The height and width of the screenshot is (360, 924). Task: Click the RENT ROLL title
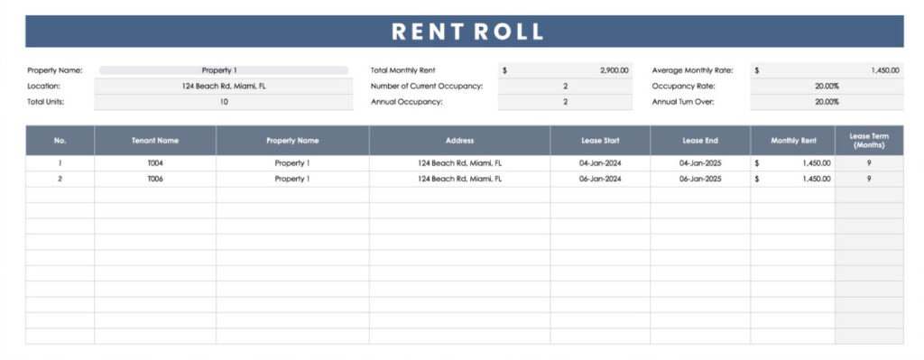[x=467, y=32]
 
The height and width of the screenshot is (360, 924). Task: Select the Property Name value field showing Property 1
[x=223, y=70]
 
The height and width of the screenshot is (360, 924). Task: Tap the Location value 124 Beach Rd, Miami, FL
[x=223, y=87]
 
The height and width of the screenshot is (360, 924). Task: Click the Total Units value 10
[x=223, y=102]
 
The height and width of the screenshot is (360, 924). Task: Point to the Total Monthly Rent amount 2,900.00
[x=614, y=70]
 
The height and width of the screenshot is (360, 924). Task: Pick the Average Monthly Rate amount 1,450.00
[x=884, y=70]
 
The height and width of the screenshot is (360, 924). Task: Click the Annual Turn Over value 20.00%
[x=827, y=102]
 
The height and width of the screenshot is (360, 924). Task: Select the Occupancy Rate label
[x=682, y=87]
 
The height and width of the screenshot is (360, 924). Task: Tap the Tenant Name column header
[x=155, y=141]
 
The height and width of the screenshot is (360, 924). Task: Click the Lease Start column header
[x=599, y=141]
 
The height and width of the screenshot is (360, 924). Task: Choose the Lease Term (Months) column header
[x=868, y=141]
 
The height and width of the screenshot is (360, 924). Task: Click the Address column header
[x=459, y=141]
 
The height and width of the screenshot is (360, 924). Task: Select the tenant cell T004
[x=155, y=163]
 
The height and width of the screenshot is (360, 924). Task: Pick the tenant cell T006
[x=155, y=179]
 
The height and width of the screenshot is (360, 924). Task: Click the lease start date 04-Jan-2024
[x=599, y=163]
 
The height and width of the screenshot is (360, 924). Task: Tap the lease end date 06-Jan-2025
[x=699, y=179]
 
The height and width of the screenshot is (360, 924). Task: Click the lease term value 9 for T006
[x=868, y=179]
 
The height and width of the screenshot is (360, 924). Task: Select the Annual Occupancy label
[x=406, y=102]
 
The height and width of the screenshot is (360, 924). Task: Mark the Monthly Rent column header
[x=793, y=141]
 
